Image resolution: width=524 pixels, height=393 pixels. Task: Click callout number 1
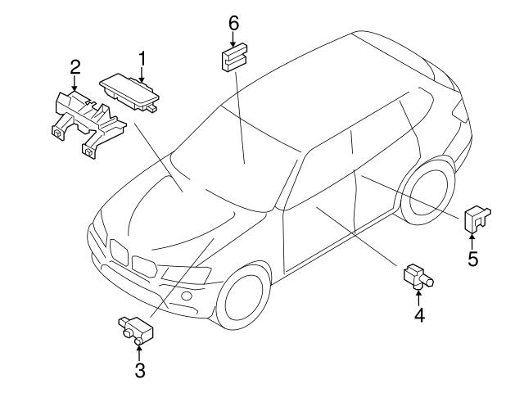click(x=142, y=58)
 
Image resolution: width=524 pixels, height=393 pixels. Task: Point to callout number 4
click(x=418, y=314)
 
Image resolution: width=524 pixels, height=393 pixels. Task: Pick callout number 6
click(x=233, y=23)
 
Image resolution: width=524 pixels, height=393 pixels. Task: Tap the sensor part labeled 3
click(x=134, y=329)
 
